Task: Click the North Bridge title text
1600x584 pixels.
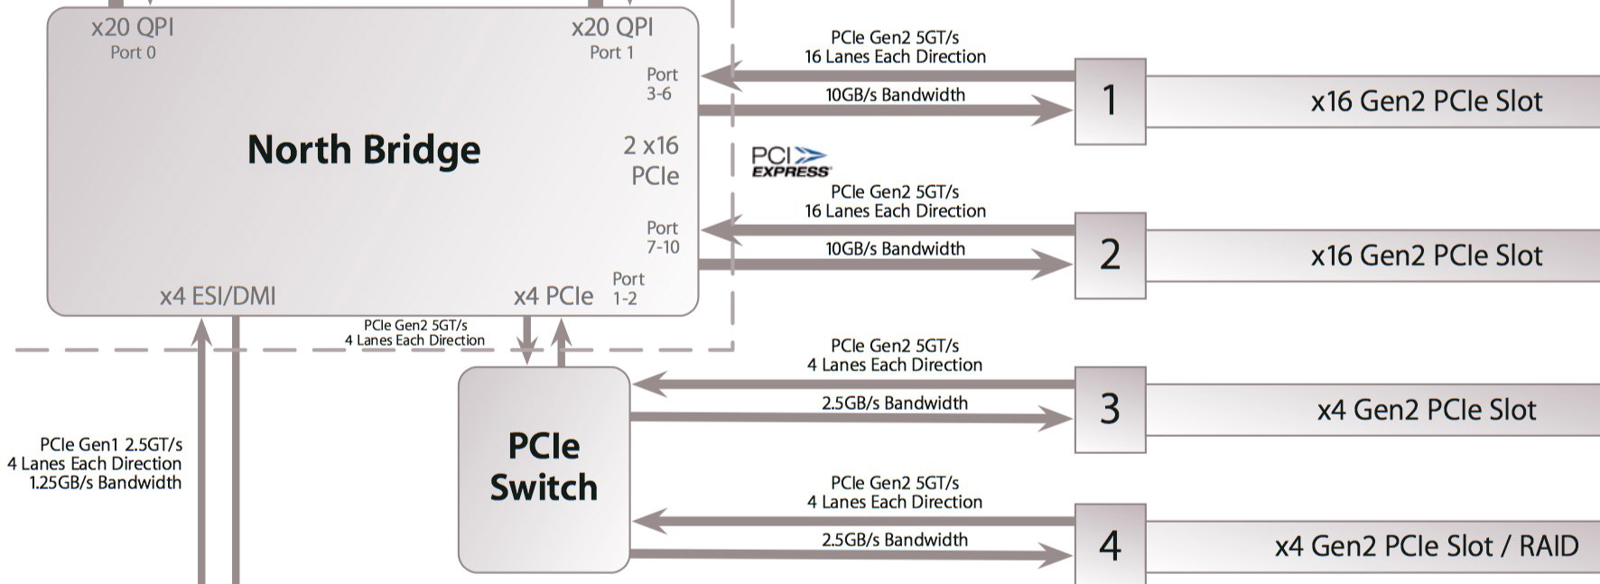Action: (364, 150)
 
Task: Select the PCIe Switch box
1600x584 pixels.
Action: (544, 469)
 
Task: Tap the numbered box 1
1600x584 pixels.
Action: (1110, 101)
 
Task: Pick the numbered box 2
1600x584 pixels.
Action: (1110, 255)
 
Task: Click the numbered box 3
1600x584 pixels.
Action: (1110, 410)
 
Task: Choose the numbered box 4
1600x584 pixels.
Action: (1110, 545)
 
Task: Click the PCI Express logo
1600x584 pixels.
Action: (790, 162)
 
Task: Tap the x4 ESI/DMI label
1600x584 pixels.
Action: (218, 296)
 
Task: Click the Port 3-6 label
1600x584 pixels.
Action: (661, 84)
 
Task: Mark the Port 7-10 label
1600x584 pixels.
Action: (662, 237)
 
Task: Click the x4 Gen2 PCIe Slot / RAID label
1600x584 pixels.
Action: (1426, 546)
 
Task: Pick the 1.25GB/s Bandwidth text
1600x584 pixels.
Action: (106, 483)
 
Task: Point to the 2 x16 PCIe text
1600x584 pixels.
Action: (652, 161)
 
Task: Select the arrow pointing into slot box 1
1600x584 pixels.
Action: (1052, 111)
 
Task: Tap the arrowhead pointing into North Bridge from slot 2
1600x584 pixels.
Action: (721, 230)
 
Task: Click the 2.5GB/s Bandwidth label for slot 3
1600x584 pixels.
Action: (894, 403)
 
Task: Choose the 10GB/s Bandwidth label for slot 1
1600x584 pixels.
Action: (895, 95)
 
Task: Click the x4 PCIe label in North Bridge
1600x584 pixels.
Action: (553, 296)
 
